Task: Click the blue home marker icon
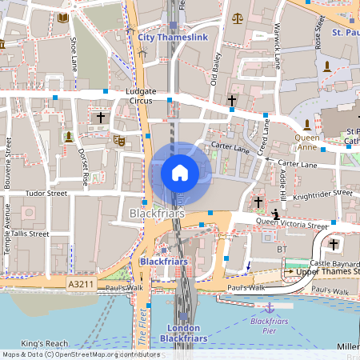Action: tap(180, 172)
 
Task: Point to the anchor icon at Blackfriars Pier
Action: tap(270, 308)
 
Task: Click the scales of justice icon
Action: tap(236, 18)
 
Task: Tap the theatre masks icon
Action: tap(119, 141)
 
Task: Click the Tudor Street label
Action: tap(46, 193)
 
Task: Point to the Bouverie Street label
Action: tap(8, 160)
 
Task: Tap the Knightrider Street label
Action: tap(322, 194)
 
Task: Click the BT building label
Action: tap(281, 250)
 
